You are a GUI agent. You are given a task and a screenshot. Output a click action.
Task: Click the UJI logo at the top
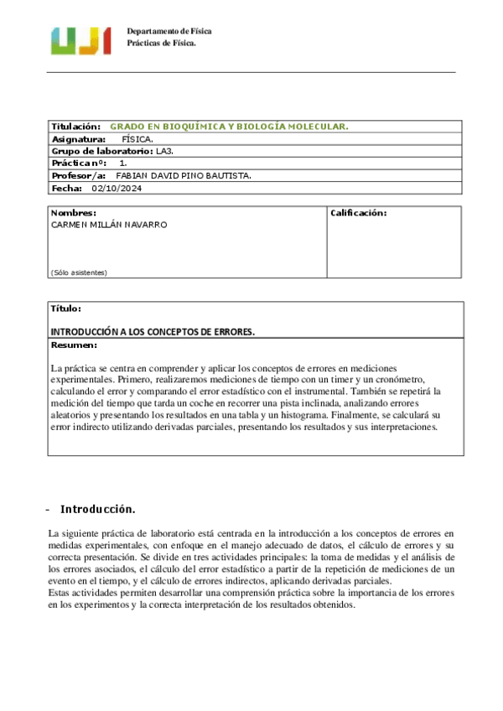coord(80,39)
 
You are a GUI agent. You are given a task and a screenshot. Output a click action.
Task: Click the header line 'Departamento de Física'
coord(169,31)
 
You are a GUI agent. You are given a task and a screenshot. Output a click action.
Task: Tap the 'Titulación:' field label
coord(76,126)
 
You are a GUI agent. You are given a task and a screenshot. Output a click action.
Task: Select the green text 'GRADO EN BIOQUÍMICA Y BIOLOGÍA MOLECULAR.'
coord(229,126)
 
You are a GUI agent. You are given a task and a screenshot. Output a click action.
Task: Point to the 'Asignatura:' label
coord(79,138)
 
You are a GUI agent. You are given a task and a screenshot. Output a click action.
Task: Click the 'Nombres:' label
coord(74,213)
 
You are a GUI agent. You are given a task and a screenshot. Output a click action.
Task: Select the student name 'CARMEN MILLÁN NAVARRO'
coord(109,225)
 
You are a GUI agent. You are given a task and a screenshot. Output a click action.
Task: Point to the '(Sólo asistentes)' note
coord(79,272)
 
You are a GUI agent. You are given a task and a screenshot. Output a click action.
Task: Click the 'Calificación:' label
coord(358,213)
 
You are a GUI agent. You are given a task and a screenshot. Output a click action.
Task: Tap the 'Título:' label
coord(66,309)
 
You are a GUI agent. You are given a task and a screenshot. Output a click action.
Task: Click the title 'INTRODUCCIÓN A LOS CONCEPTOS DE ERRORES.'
coord(153,332)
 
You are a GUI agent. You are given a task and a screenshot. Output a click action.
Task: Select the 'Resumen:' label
coord(74,345)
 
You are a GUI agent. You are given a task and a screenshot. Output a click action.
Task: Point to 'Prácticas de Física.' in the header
coord(161,43)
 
